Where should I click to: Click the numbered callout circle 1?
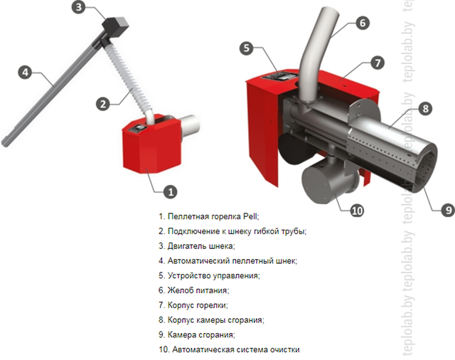tap(171, 191)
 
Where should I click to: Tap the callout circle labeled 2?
tap(103, 103)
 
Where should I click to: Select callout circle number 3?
tap(79, 7)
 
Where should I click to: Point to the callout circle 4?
tap(26, 72)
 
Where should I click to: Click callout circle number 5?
tap(247, 48)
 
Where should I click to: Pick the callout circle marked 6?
tap(363, 23)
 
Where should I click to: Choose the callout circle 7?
tap(378, 63)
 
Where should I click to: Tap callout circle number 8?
tap(425, 109)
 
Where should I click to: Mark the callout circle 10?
tap(357, 211)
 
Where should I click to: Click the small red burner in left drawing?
tap(151, 144)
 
